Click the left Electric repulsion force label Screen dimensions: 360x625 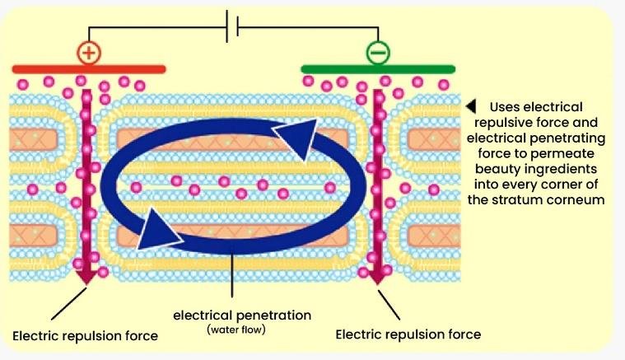point(85,335)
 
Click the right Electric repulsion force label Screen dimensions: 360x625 point(408,334)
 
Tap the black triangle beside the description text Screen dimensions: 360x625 point(471,106)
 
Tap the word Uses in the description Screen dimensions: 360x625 point(505,107)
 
